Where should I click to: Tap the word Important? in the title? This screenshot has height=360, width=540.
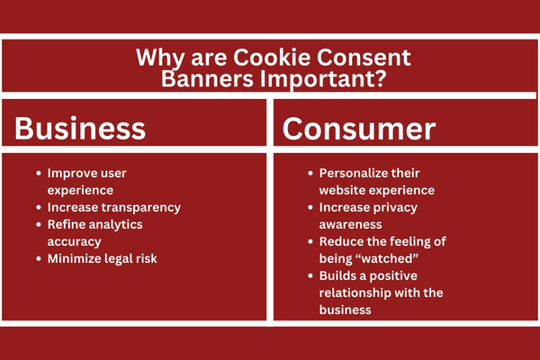point(323,79)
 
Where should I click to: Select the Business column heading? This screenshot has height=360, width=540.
point(80,128)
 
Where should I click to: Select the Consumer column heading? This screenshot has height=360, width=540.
point(359,129)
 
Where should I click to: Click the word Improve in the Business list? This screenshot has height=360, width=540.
point(67,174)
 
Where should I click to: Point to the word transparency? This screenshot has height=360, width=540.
point(145,208)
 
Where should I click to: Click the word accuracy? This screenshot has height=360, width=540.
point(74,242)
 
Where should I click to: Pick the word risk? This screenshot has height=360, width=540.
point(147,258)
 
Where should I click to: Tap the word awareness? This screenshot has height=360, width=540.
point(350,225)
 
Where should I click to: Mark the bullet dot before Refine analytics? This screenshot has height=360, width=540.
point(39,225)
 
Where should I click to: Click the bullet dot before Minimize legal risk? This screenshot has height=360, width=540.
point(39,258)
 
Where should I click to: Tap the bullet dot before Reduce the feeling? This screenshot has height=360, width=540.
point(310,241)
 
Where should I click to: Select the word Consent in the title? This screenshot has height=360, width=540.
point(364,58)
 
